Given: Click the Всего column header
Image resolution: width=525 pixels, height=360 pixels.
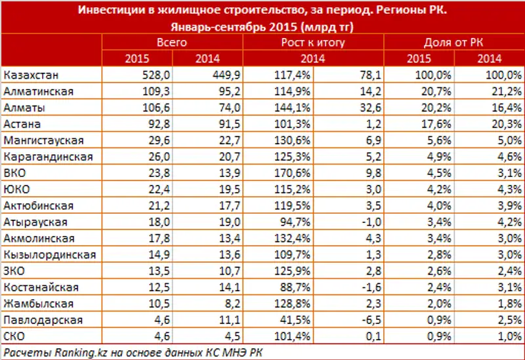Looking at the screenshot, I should [x=173, y=43].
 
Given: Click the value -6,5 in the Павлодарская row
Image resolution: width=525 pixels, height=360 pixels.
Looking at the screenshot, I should [x=364, y=320].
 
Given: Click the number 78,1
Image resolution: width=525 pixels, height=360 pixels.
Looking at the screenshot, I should [x=363, y=74].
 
